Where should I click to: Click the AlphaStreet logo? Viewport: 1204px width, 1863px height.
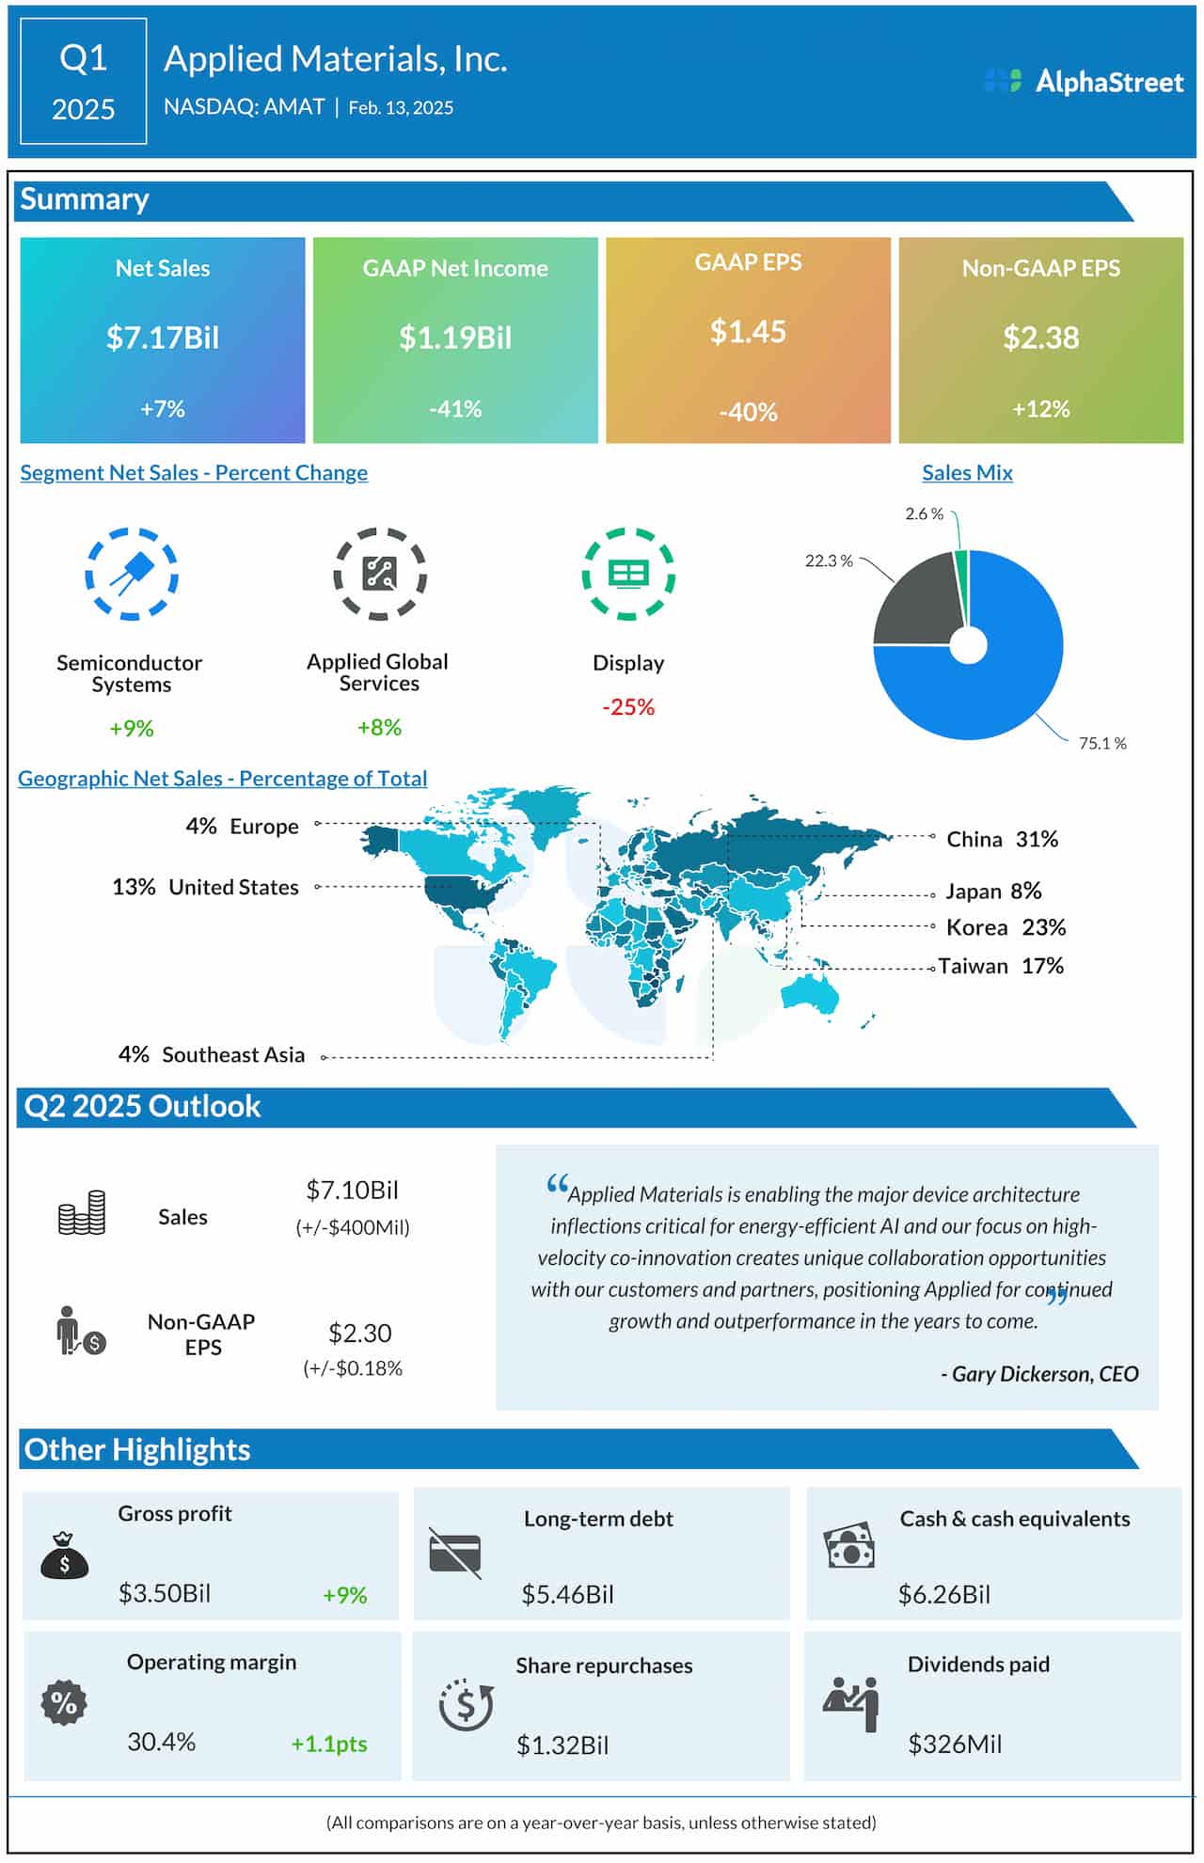pyautogui.click(x=1084, y=82)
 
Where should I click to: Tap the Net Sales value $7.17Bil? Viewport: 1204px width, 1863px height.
pyautogui.click(x=163, y=338)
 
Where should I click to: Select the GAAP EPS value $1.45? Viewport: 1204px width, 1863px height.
pyautogui.click(x=748, y=331)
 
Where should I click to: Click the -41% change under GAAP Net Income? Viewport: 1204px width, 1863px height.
pyautogui.click(x=455, y=409)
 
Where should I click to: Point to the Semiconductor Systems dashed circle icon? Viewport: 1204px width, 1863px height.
pyautogui.click(x=132, y=574)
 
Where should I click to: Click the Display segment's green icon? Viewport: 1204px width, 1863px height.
pyautogui.click(x=628, y=574)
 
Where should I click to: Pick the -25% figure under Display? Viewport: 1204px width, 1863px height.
pyautogui.click(x=628, y=707)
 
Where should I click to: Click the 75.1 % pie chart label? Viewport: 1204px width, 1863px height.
pyautogui.click(x=1102, y=744)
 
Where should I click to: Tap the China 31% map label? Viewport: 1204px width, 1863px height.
pyautogui.click(x=1002, y=839)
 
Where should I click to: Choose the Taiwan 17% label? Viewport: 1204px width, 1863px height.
pyautogui.click(x=1001, y=966)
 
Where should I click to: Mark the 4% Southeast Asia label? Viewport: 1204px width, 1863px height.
pyautogui.click(x=212, y=1055)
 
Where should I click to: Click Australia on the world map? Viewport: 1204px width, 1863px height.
pyautogui.click(x=809, y=992)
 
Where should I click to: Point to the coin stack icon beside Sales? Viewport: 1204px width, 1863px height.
pyautogui.click(x=82, y=1212)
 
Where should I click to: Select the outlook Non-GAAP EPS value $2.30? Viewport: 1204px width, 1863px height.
pyautogui.click(x=359, y=1333)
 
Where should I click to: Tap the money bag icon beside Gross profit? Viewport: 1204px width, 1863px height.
pyautogui.click(x=64, y=1555)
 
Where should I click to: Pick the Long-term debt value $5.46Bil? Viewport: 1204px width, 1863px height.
pyautogui.click(x=567, y=1594)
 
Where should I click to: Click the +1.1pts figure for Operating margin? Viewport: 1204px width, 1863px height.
pyautogui.click(x=329, y=1744)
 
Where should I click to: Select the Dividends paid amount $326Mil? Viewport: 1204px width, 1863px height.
pyautogui.click(x=955, y=1745)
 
